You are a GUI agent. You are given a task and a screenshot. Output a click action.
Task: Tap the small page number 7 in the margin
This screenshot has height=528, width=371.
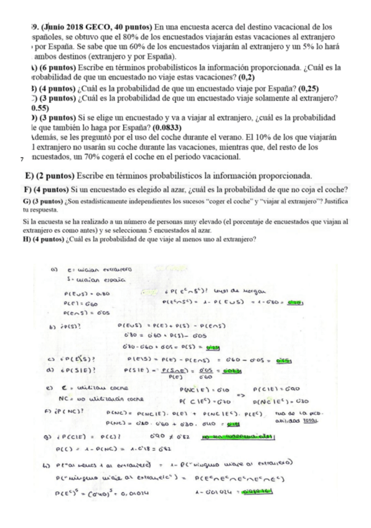pyautogui.click(x=22, y=160)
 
